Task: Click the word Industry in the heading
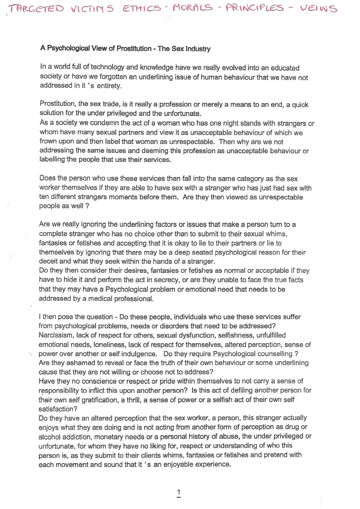pos(195,48)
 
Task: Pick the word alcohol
pos(50,436)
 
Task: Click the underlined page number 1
pos(179,492)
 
